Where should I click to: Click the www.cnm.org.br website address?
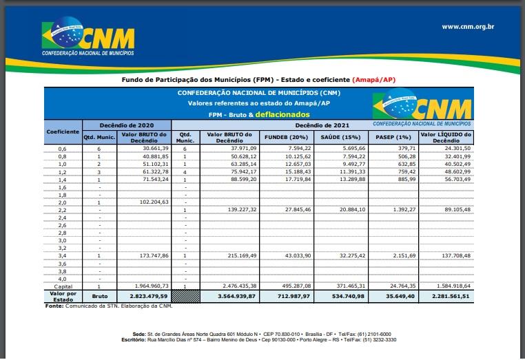click(x=468, y=27)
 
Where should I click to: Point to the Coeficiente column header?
click(x=63, y=131)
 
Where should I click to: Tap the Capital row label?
click(x=63, y=286)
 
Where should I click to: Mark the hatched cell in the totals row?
click(x=185, y=296)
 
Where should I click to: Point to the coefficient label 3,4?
click(x=63, y=255)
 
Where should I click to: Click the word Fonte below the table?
click(x=55, y=306)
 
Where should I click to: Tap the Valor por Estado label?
click(x=63, y=296)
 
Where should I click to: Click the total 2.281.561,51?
click(x=446, y=296)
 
